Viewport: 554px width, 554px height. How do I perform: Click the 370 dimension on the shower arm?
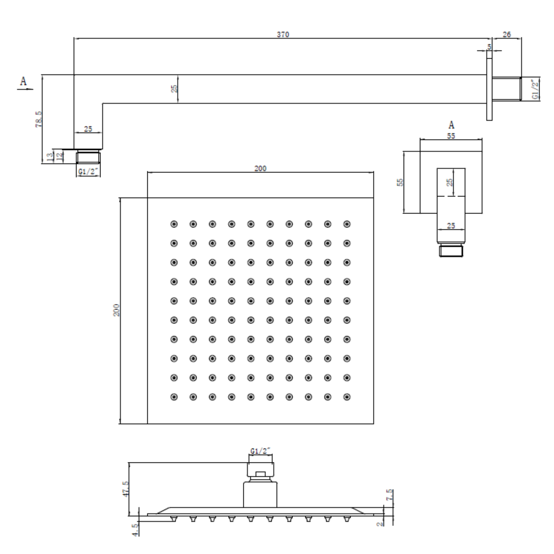[x=283, y=34]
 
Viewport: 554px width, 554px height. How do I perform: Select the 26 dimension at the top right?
[x=507, y=34]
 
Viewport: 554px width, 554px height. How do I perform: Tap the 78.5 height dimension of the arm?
[x=39, y=119]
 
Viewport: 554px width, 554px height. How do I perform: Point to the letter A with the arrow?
[x=24, y=81]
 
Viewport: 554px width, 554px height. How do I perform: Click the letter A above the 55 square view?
[x=451, y=125]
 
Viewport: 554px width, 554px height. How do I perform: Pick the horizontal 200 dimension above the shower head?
[x=260, y=168]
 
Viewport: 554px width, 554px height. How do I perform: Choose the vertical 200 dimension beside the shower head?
[x=116, y=310]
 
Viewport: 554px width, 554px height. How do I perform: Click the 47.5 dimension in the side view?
[x=126, y=489]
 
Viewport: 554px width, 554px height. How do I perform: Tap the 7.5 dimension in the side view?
[x=389, y=495]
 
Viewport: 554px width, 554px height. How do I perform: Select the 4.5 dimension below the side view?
[x=136, y=530]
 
